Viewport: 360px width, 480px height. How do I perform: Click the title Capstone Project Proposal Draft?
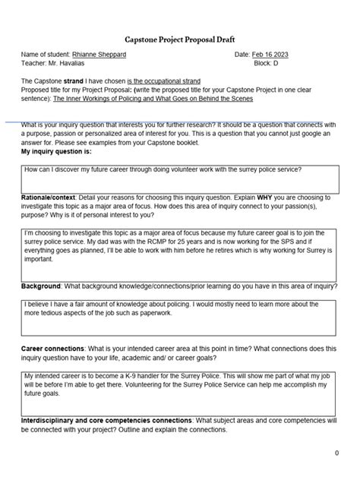180,39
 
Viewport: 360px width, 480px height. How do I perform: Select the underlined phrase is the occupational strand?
173,81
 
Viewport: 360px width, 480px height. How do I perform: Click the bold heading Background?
41,287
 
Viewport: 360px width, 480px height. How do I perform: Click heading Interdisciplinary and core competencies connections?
106,419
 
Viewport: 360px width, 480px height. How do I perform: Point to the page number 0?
336,453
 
